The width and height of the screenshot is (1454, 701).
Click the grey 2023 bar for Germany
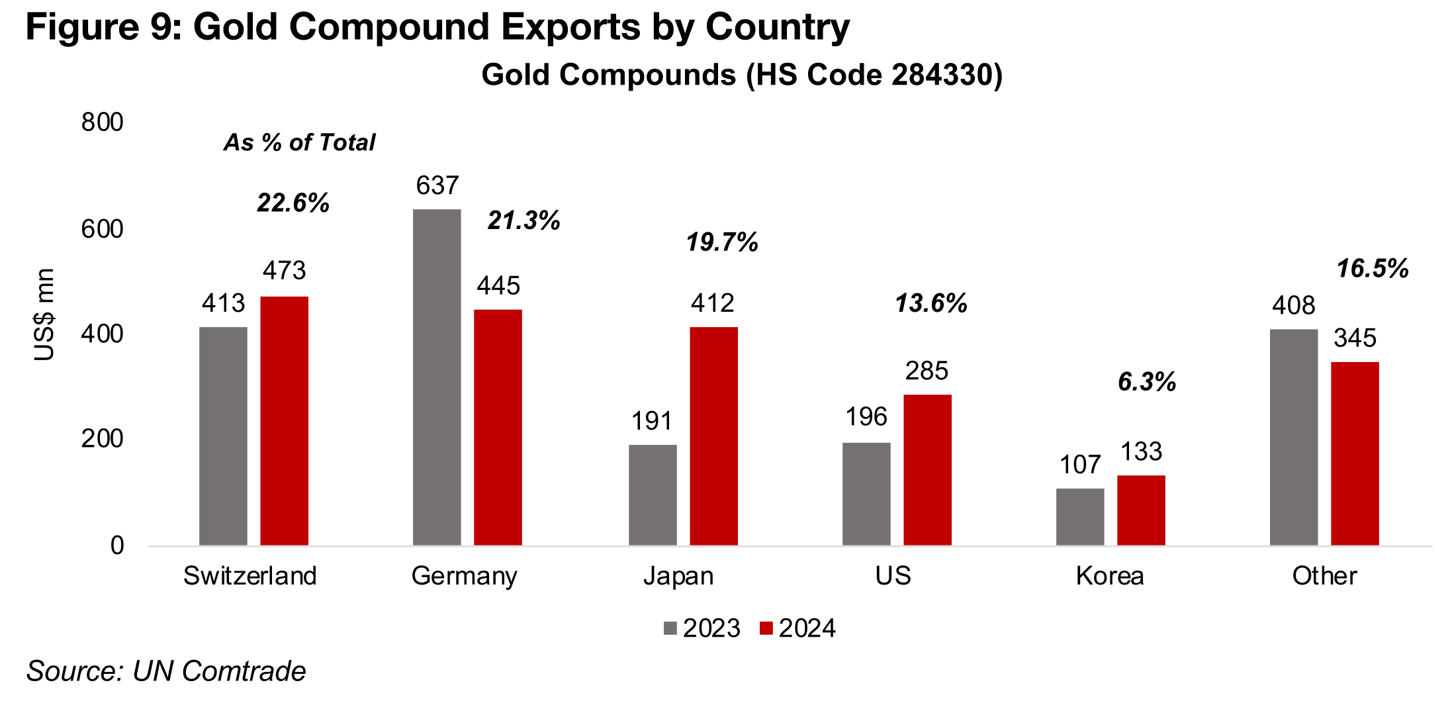point(437,377)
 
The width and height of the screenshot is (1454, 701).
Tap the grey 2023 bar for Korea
point(1080,516)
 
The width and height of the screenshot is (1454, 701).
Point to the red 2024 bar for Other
point(1355,453)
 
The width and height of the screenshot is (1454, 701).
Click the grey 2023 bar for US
point(866,494)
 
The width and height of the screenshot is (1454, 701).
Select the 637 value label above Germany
point(437,186)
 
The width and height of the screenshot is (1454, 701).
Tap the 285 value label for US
point(927,371)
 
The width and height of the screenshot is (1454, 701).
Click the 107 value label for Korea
point(1080,465)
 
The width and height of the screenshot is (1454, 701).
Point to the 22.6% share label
point(293,203)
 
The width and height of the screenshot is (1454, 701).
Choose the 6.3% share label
point(1147,382)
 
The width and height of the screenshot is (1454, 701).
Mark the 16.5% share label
point(1373,269)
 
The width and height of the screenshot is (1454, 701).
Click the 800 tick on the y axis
point(102,122)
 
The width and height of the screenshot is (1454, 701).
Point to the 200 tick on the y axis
point(102,439)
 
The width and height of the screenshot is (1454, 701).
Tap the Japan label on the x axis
point(678,576)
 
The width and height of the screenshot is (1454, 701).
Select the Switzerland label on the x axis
point(250,576)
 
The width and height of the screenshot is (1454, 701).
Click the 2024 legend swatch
point(766,628)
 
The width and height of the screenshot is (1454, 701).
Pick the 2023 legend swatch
point(670,628)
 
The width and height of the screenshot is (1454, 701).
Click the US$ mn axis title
point(44,314)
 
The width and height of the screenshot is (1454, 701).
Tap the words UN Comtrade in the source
point(219,671)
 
